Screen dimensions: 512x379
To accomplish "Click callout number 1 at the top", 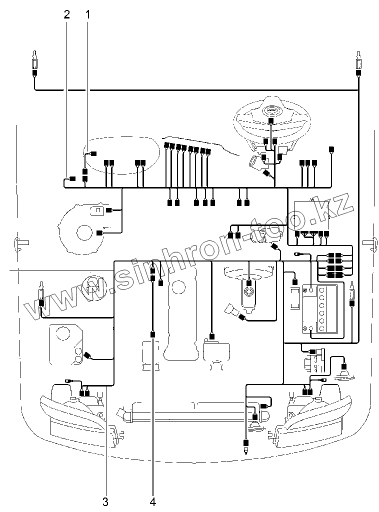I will point(88,14).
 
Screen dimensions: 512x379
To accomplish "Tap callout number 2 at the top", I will point(67,14).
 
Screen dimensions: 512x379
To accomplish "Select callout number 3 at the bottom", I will point(105,500).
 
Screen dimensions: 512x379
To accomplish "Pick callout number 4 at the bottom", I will point(152,500).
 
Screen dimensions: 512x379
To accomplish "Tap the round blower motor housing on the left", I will point(82,227).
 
